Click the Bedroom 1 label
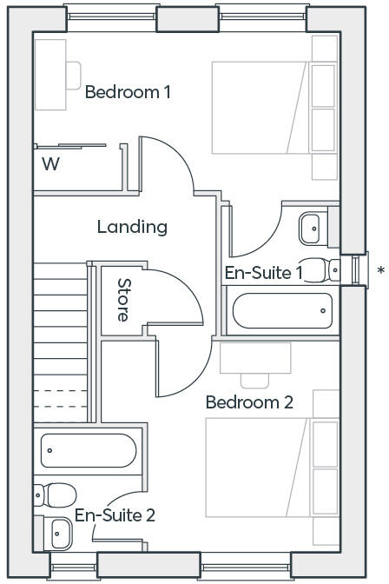click(128, 92)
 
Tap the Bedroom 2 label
click(249, 402)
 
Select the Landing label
click(132, 227)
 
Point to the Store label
click(122, 300)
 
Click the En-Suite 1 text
click(264, 273)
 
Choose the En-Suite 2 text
click(115, 515)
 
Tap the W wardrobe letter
click(51, 164)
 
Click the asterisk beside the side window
click(381, 271)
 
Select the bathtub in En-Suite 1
click(282, 310)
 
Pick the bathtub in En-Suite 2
click(89, 450)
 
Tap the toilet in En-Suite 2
click(55, 495)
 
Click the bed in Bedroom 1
click(261, 108)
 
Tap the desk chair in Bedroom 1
click(74, 76)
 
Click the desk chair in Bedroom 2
click(254, 381)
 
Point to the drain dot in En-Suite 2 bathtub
click(49, 450)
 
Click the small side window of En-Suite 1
click(356, 270)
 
